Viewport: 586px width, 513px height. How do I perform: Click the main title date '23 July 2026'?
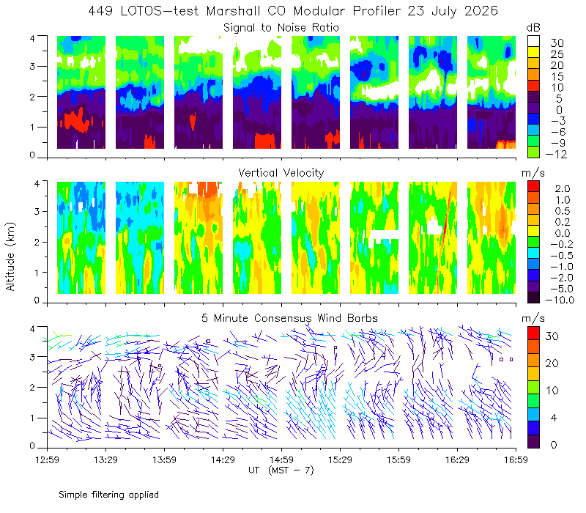[x=453, y=11]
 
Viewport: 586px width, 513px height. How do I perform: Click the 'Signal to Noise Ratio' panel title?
[x=281, y=28]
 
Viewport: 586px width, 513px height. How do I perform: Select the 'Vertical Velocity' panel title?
[x=281, y=173]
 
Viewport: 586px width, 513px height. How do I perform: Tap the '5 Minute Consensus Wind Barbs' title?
[x=289, y=318]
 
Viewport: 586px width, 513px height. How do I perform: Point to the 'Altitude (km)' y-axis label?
[x=10, y=256]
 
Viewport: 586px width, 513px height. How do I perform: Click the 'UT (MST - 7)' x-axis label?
[x=281, y=470]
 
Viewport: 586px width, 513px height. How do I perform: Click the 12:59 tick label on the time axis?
[x=47, y=460]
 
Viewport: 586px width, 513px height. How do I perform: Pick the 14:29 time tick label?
[x=223, y=460]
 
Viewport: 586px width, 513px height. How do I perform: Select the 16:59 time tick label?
[x=516, y=460]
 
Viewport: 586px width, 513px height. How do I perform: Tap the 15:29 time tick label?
[x=340, y=460]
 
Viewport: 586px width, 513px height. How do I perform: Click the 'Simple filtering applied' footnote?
[x=108, y=495]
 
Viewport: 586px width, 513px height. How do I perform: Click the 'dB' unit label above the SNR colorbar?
[x=533, y=28]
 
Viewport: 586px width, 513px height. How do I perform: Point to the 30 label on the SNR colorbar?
[x=557, y=43]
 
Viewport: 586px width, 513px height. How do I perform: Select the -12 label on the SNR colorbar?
[x=556, y=154]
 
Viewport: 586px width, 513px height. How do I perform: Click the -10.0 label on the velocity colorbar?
[x=560, y=300]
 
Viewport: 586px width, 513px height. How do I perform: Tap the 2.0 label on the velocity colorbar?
[x=563, y=189]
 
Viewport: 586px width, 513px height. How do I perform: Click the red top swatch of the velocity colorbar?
[x=533, y=186]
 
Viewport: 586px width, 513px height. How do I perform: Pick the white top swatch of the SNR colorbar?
[x=533, y=41]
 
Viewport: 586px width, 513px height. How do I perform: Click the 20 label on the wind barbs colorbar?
[x=552, y=363]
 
